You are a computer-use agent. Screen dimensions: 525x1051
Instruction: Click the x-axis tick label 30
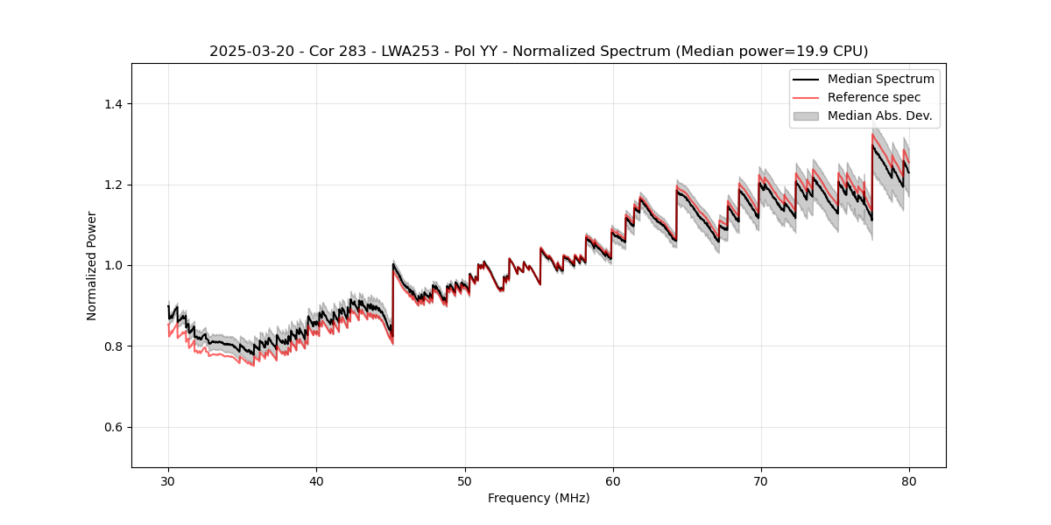[x=168, y=480]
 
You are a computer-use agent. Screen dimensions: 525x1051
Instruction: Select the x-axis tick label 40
[x=316, y=480]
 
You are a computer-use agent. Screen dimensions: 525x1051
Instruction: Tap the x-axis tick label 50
[x=464, y=480]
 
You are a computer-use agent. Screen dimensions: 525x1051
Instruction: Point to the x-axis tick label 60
[x=612, y=480]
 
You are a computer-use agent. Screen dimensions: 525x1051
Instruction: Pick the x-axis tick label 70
[x=760, y=480]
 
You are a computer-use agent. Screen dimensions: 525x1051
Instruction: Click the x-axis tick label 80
[x=908, y=480]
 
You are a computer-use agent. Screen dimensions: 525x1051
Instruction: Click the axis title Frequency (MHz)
[x=539, y=498]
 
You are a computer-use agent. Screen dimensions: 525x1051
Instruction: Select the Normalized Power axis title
[x=92, y=265]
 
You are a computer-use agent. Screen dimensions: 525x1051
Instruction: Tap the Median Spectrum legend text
[x=881, y=79]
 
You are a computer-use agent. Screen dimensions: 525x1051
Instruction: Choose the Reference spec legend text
[x=874, y=97]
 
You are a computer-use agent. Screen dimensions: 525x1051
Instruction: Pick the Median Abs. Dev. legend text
[x=880, y=115]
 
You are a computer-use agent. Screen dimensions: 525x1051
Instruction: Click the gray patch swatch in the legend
[x=806, y=115]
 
